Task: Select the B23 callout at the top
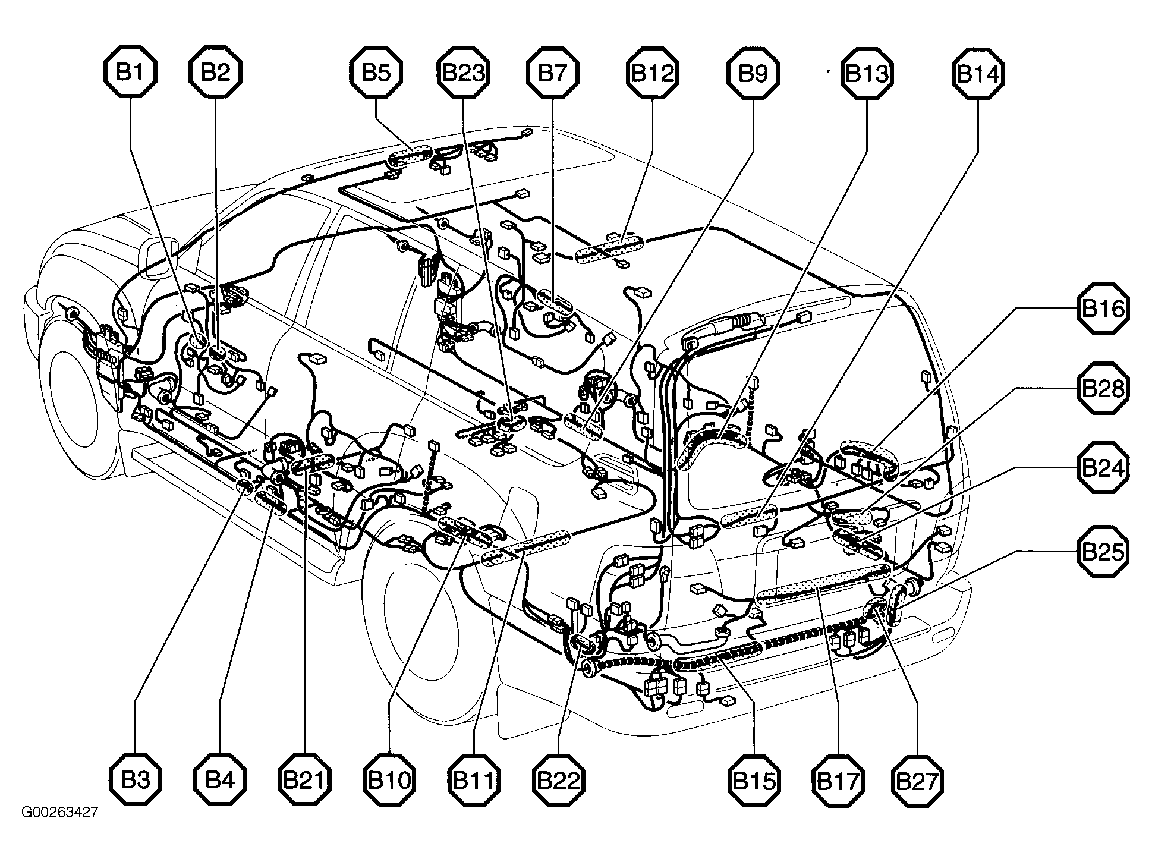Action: pos(464,73)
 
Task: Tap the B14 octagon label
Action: pos(978,73)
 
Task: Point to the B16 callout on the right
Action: pos(1103,309)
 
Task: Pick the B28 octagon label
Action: pos(1103,389)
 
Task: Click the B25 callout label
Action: pos(1103,552)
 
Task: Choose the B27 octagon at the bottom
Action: pos(918,781)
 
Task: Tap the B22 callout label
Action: pos(559,781)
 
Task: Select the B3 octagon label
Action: pos(136,781)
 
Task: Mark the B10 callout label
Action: pos(389,781)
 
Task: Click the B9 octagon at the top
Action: pos(753,73)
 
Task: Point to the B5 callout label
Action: pos(376,73)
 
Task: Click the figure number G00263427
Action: pos(59,812)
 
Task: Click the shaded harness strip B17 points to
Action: pos(823,586)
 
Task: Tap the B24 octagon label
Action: pos(1103,468)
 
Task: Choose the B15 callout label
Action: pos(753,781)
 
